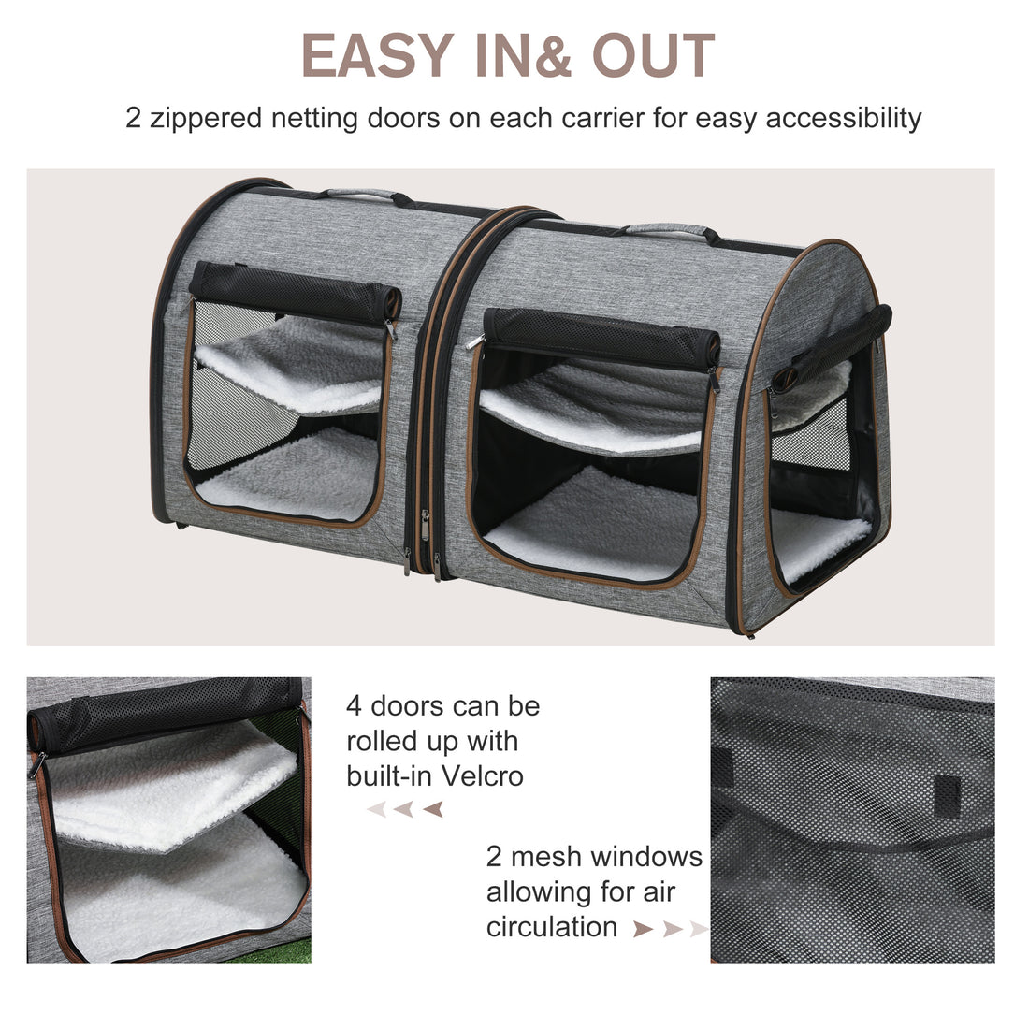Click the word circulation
552,927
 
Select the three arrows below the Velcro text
404,809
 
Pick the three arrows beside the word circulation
669,929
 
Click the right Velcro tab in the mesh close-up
947,796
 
